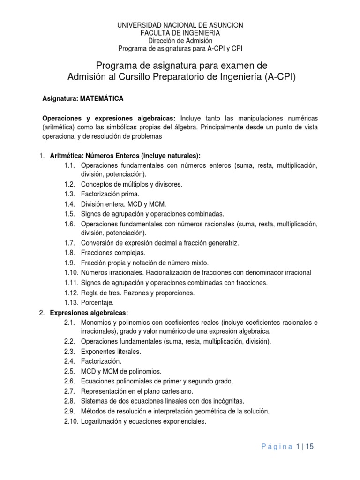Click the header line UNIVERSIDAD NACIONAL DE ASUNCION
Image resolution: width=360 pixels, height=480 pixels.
[180, 25]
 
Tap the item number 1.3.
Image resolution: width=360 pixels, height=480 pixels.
[70, 194]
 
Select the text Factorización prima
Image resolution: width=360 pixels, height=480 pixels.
[110, 194]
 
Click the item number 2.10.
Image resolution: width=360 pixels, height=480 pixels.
[72, 421]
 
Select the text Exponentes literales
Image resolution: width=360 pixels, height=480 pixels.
[111, 351]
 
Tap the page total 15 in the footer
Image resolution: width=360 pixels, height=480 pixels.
[308, 447]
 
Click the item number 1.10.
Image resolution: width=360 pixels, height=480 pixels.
[72, 272]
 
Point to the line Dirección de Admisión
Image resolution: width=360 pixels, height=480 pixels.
[180, 40]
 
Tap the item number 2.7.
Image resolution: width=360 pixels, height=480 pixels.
[70, 390]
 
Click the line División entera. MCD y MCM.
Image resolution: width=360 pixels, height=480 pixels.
[123, 204]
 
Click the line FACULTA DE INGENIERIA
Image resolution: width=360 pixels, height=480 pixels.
[180, 33]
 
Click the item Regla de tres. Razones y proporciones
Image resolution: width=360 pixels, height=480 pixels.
[137, 293]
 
